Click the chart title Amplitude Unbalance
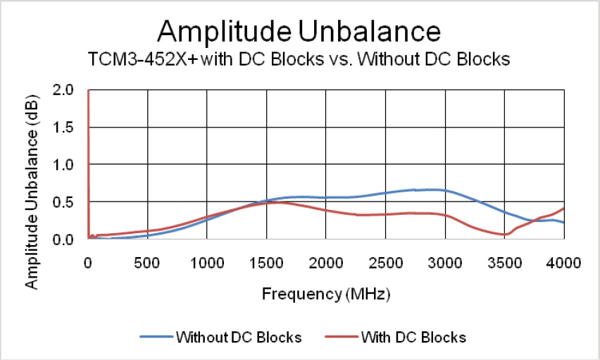[299, 32]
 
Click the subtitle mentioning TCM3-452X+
[299, 59]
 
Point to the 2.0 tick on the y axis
[68, 90]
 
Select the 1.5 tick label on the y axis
[68, 128]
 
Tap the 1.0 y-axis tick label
[68, 165]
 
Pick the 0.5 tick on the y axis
[68, 202]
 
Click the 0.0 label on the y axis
[68, 240]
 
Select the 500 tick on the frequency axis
[147, 263]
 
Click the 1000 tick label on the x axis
[206, 263]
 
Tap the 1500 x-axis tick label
[266, 263]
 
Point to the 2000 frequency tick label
[326, 263]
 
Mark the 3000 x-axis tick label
[445, 263]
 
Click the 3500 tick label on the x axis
[505, 263]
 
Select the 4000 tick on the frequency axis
[564, 263]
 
